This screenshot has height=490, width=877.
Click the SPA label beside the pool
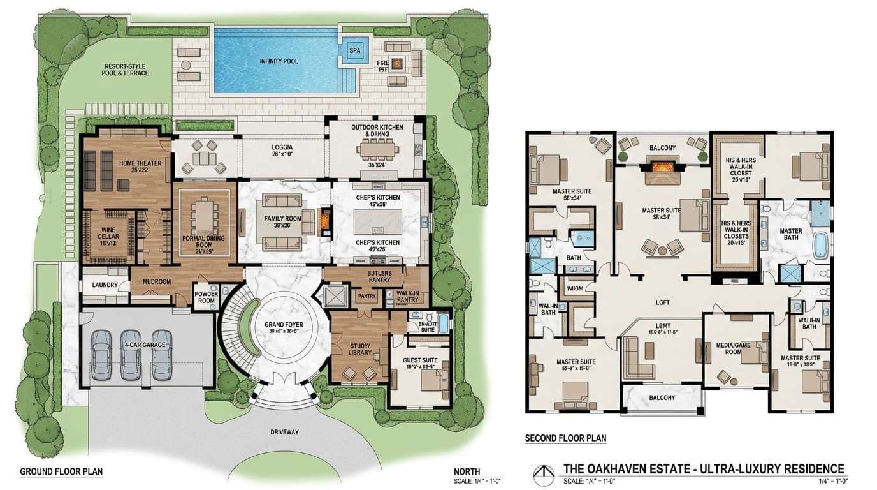click(355, 50)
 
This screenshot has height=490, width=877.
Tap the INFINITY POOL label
click(279, 61)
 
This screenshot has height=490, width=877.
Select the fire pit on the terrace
click(398, 63)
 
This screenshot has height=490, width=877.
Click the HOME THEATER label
click(140, 163)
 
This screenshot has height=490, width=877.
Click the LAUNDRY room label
click(105, 285)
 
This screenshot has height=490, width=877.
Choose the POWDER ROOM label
click(205, 297)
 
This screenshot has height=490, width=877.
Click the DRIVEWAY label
click(284, 432)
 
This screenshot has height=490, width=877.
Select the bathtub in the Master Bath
click(820, 245)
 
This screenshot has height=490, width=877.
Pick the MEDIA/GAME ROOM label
click(732, 348)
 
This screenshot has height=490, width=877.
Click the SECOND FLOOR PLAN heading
click(565, 438)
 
